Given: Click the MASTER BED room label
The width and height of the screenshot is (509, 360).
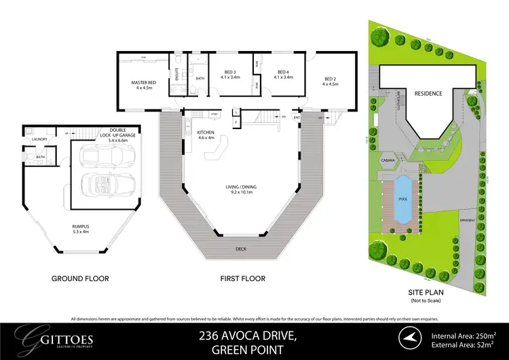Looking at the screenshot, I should pyautogui.click(x=144, y=83).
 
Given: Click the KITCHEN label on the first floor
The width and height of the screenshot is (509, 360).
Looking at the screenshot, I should pyautogui.click(x=206, y=132).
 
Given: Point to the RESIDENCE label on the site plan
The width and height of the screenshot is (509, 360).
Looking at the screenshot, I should pyautogui.click(x=428, y=94).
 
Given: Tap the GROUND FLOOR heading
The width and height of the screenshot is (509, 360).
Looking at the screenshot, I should pyautogui.click(x=80, y=278).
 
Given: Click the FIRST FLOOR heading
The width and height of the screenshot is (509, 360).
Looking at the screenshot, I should pyautogui.click(x=242, y=278).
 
